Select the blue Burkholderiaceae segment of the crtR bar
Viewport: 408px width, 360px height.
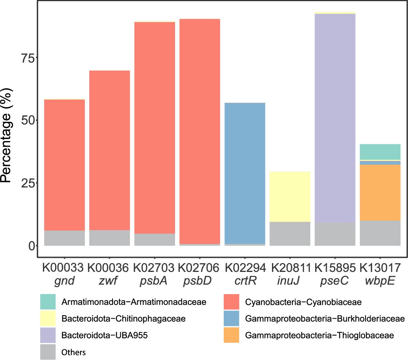coord(245,172)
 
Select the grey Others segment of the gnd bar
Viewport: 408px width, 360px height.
coord(64,238)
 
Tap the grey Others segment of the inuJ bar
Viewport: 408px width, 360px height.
coord(290,234)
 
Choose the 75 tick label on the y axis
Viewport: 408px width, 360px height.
coord(26,58)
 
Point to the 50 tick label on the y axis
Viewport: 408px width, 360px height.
coord(26,120)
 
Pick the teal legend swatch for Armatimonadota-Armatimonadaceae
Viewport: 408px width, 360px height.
coord(48,302)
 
